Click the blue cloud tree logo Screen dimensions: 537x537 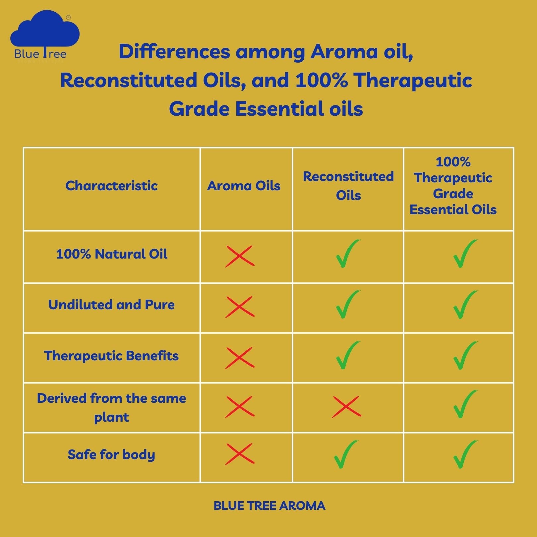point(45,36)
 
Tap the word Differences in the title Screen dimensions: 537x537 point(174,52)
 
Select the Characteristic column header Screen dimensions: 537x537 point(111,186)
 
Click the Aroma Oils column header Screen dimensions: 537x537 point(244,186)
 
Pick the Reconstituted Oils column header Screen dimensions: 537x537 point(348,186)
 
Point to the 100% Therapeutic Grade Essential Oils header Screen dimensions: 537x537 point(453,186)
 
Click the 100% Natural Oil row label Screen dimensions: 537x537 point(111,254)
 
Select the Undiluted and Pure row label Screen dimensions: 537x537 point(111,305)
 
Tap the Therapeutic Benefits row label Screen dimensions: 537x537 point(111,356)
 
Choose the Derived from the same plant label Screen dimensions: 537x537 point(111,407)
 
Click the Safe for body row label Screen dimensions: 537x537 point(111,454)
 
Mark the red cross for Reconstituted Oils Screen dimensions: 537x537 point(346,406)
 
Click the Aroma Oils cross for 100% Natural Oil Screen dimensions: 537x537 point(240,256)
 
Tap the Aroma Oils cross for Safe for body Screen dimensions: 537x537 point(240,454)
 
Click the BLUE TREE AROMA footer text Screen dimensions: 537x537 point(269,506)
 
